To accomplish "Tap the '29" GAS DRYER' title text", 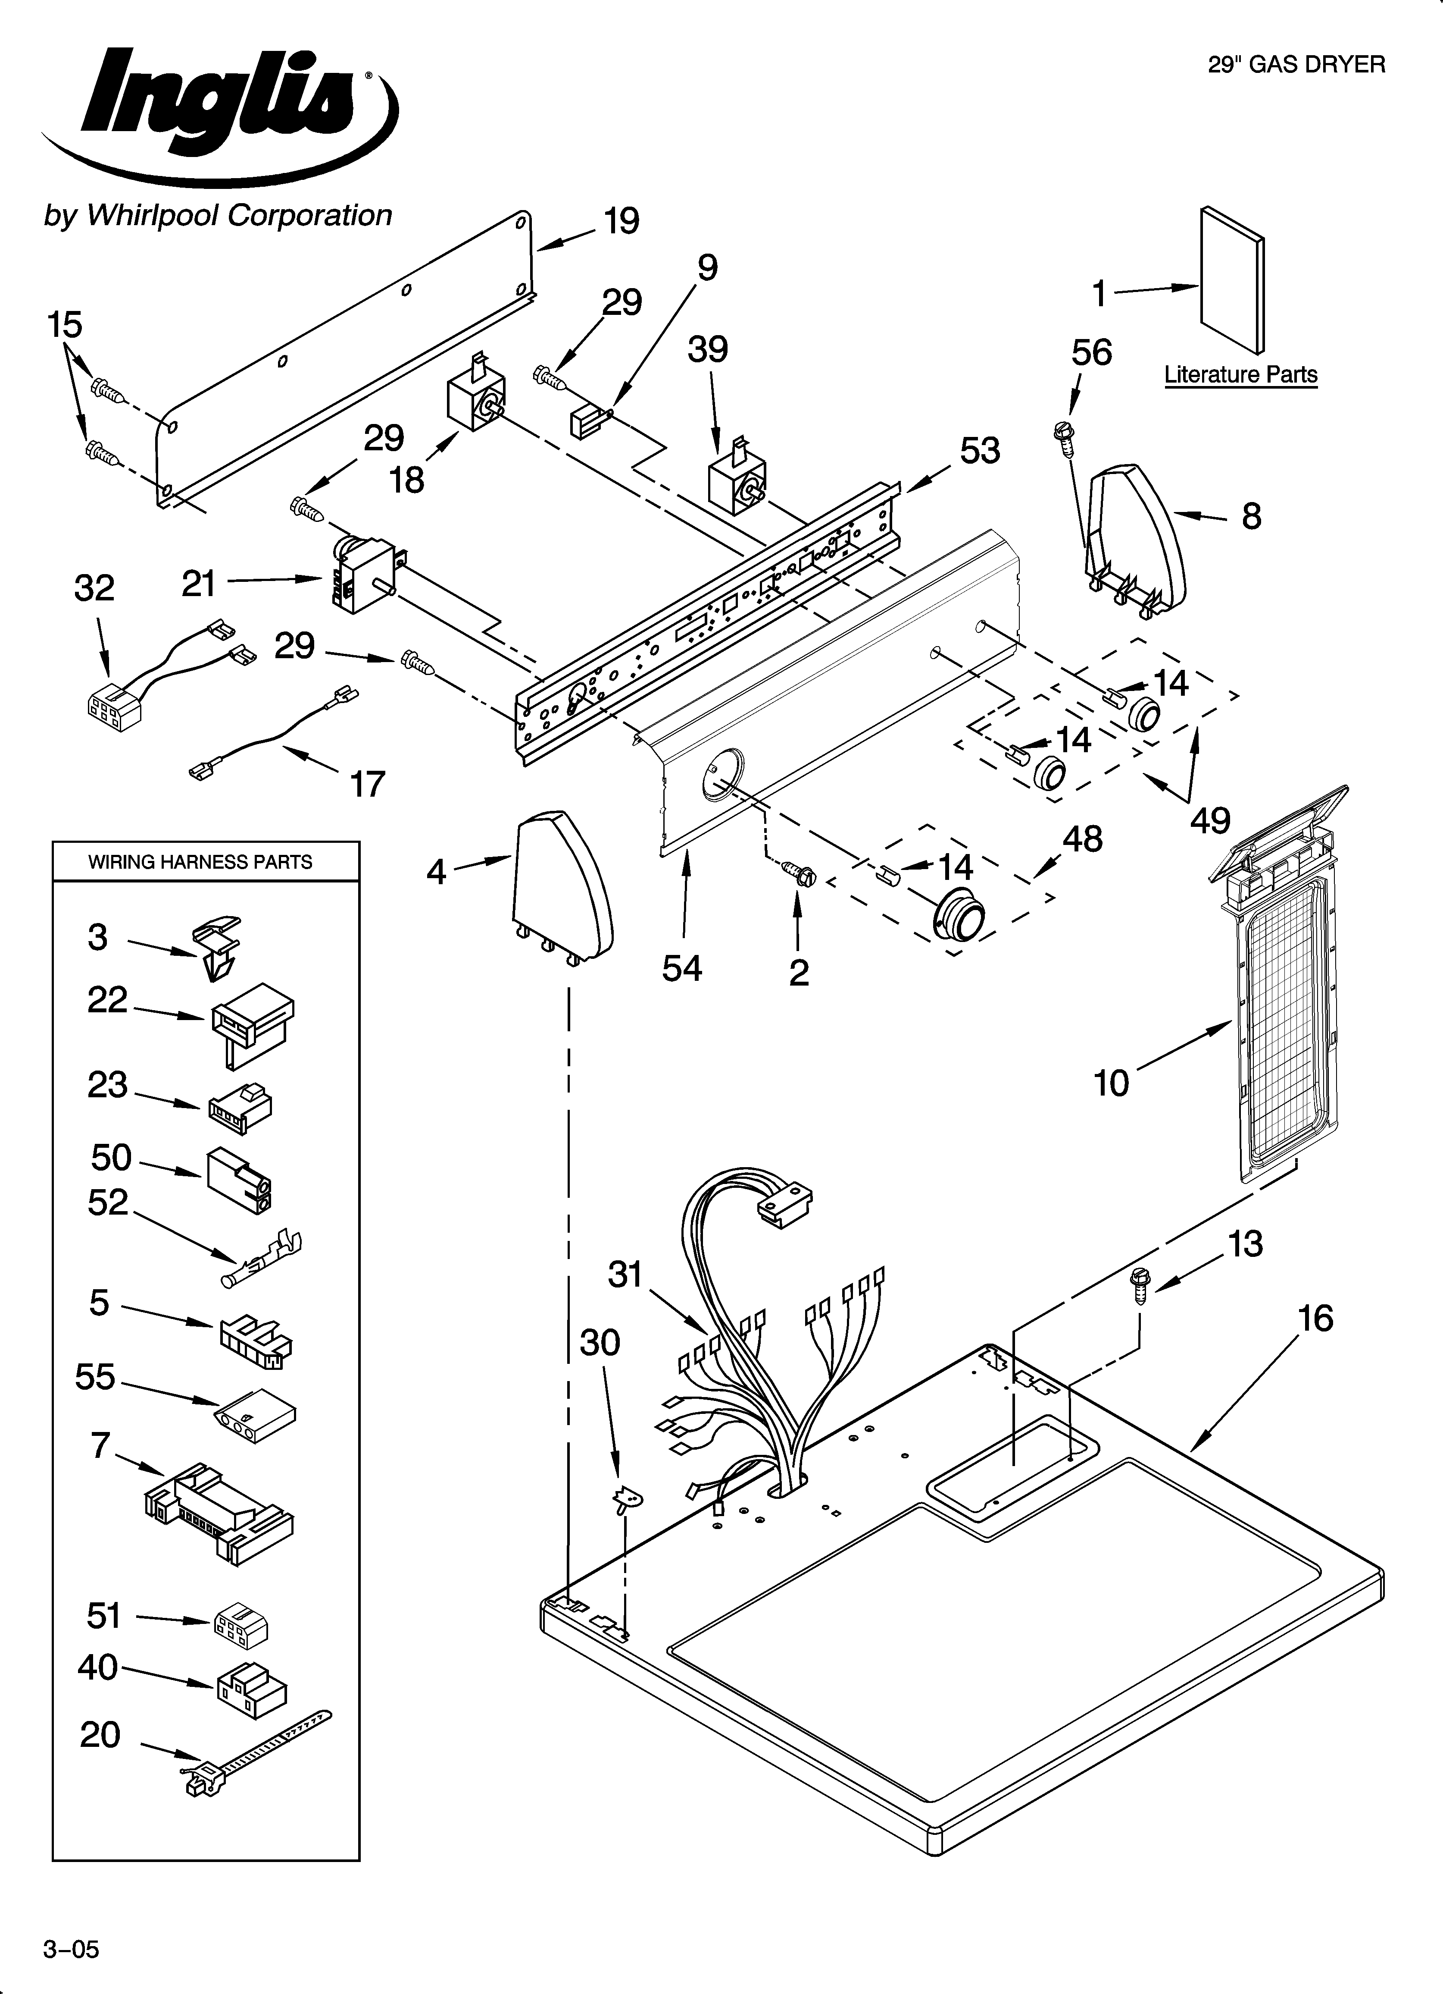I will tap(1296, 64).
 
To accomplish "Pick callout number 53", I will tap(980, 451).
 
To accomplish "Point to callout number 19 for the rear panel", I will tap(622, 222).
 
